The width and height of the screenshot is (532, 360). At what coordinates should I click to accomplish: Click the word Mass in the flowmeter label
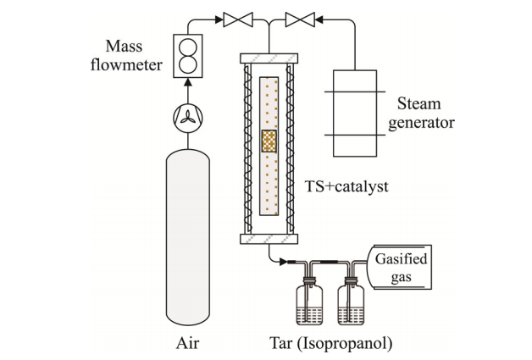tap(124, 46)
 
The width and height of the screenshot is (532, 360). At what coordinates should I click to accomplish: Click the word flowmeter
tap(126, 64)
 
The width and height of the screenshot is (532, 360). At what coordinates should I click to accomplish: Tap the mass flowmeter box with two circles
tap(187, 56)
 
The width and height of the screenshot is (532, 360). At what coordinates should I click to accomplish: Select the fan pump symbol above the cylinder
tap(187, 118)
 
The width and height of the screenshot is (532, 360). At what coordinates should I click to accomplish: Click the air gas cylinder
tap(187, 237)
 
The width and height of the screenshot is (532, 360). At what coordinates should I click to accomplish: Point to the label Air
tap(187, 343)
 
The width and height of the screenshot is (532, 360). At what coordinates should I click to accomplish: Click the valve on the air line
tap(238, 19)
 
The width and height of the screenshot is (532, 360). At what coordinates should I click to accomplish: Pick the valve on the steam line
tap(300, 19)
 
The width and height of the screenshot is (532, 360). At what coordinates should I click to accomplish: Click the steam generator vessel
tap(355, 114)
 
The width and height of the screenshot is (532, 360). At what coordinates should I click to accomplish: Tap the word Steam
tap(419, 103)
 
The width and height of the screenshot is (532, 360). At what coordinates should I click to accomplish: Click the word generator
tap(421, 123)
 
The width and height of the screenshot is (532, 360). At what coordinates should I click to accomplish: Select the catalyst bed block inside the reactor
tap(269, 141)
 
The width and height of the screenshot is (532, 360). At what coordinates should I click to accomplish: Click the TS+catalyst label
tap(346, 186)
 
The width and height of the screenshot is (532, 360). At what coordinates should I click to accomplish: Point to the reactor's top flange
tap(269, 58)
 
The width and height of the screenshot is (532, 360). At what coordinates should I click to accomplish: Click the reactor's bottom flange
tap(269, 239)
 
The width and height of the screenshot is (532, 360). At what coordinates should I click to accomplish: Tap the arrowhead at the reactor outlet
tap(283, 262)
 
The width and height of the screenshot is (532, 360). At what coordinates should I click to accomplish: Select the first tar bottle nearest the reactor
tap(309, 301)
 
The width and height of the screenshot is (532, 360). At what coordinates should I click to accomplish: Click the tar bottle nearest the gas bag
tap(351, 301)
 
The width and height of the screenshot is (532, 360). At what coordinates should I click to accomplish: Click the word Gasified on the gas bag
tap(401, 259)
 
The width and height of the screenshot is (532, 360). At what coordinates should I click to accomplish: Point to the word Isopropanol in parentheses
tap(345, 343)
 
